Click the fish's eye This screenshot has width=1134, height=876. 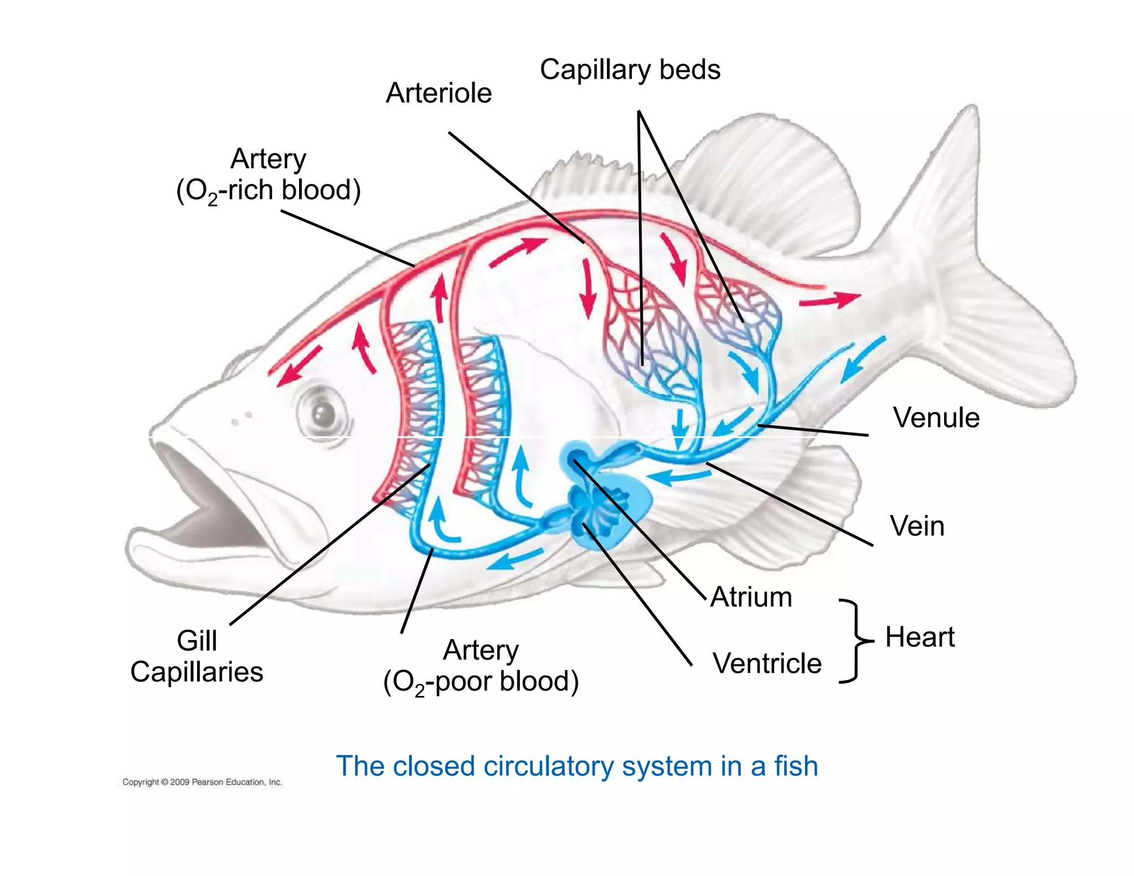323,413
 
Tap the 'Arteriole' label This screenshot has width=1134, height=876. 439,92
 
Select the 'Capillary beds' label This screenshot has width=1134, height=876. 630,70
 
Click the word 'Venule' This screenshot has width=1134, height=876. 936,418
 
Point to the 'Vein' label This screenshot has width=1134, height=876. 917,525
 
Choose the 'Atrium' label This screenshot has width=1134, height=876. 751,597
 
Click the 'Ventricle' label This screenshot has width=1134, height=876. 767,663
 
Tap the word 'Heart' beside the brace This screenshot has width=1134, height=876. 920,637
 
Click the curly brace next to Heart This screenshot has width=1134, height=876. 855,641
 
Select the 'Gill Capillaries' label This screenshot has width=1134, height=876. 197,656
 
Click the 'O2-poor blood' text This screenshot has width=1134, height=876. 481,682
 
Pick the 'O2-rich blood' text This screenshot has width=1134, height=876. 269,190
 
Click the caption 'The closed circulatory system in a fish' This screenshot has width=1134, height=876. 577,766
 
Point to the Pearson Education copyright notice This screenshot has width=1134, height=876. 202,782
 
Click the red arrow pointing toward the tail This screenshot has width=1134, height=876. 829,300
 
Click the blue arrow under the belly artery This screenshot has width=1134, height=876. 515,559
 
